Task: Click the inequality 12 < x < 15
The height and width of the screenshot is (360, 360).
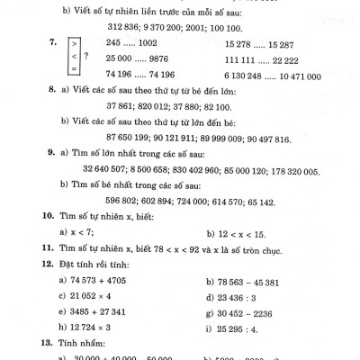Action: pyautogui.click(x=233, y=233)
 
